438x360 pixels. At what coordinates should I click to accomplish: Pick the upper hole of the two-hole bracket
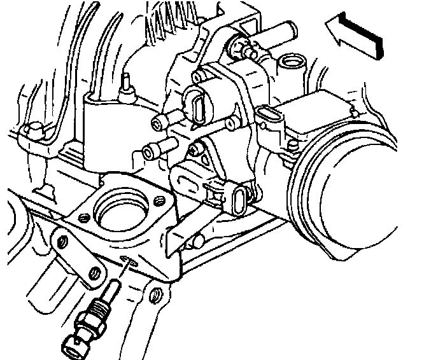[62, 240]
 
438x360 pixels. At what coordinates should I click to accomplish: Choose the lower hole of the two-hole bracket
[95, 272]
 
